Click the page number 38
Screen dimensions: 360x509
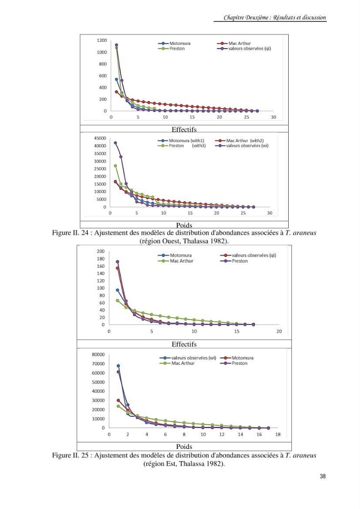pyautogui.click(x=323, y=476)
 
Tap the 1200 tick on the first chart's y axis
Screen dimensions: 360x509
pyautogui.click(x=102, y=40)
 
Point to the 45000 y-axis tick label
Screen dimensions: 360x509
pyautogui.click(x=100, y=138)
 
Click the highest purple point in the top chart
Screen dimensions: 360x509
pyautogui.click(x=117, y=45)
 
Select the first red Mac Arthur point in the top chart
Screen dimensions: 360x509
pyautogui.click(x=117, y=92)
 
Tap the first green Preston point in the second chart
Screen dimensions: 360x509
pyautogui.click(x=115, y=165)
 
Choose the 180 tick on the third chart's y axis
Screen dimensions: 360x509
pyautogui.click(x=101, y=259)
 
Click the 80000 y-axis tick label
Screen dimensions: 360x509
pyautogui.click(x=98, y=354)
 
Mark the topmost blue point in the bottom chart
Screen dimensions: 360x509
pyautogui.click(x=118, y=366)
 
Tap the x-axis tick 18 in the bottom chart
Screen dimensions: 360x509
pyautogui.click(x=278, y=434)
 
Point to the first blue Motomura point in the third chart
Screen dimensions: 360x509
pyautogui.click(x=118, y=290)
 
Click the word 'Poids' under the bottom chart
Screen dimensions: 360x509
pyautogui.click(x=184, y=446)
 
